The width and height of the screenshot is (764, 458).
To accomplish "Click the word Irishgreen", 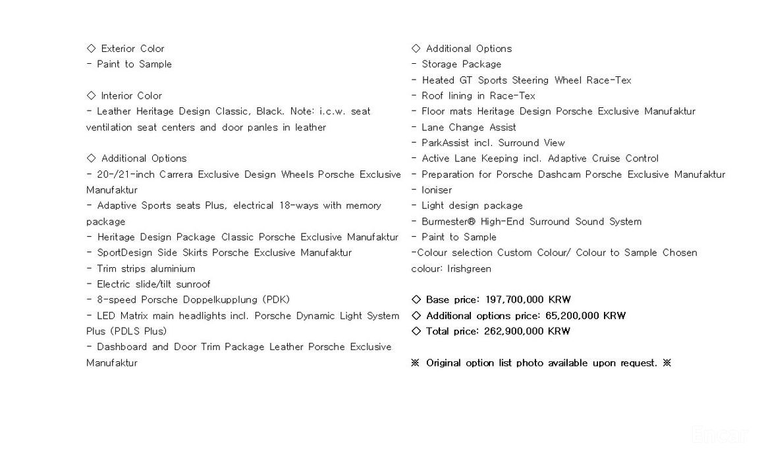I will pyautogui.click(x=469, y=268).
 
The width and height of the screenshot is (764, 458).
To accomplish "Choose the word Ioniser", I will pyautogui.click(x=437, y=190).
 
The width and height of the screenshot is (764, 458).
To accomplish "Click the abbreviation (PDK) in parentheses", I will pyautogui.click(x=276, y=299).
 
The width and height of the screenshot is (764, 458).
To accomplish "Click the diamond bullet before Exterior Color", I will pyautogui.click(x=91, y=48).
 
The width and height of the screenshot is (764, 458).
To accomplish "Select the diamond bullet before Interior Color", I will pyautogui.click(x=91, y=95).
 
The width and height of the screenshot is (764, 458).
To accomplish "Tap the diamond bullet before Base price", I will pyautogui.click(x=416, y=299).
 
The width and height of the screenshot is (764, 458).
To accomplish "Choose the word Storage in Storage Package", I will pyautogui.click(x=442, y=64).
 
